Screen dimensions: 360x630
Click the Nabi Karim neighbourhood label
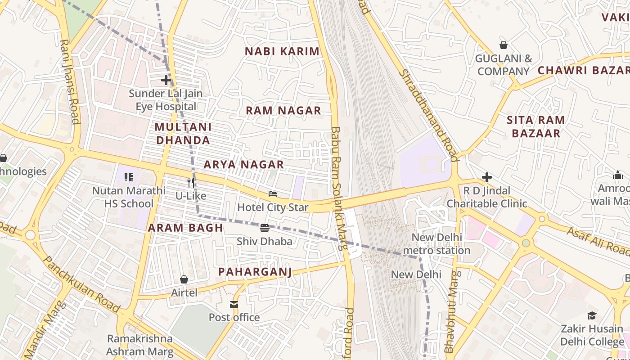pyautogui.click(x=282, y=51)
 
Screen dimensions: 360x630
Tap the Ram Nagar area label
pyautogui.click(x=283, y=111)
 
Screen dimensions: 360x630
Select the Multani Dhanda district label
pyautogui.click(x=182, y=134)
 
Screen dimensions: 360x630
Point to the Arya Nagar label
pyautogui.click(x=243, y=165)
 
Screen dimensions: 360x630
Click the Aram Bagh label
pyautogui.click(x=185, y=228)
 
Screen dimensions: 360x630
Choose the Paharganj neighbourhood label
pyautogui.click(x=255, y=272)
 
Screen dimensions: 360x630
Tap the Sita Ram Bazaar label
pyautogui.click(x=536, y=126)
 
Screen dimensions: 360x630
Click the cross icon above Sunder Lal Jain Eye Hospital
pyautogui.click(x=166, y=81)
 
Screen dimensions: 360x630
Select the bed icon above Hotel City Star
pyautogui.click(x=273, y=194)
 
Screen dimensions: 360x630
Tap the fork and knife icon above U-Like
pyautogui.click(x=191, y=182)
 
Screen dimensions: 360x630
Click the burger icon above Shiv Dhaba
pyautogui.click(x=265, y=228)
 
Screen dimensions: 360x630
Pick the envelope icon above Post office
pyautogui.click(x=234, y=305)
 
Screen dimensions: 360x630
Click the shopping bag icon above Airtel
pyautogui.click(x=184, y=279)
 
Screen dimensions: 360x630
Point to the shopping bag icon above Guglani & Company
pyautogui.click(x=504, y=45)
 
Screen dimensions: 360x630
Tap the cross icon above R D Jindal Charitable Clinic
pyautogui.click(x=486, y=177)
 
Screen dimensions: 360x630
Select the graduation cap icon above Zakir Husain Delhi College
pyautogui.click(x=592, y=316)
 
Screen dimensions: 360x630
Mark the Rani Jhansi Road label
pyautogui.click(x=70, y=81)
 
